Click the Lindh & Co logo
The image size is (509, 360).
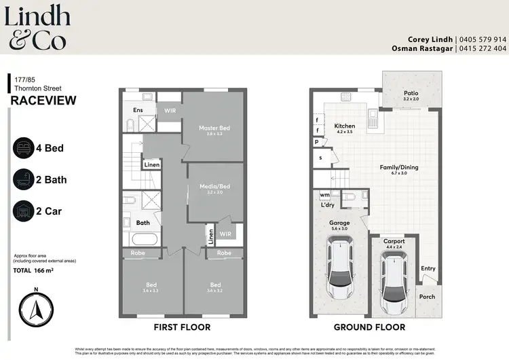(x=35, y=27)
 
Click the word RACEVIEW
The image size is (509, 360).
(x=43, y=101)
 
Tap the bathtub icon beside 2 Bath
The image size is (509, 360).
(x=23, y=180)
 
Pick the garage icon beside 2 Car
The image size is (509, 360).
(x=23, y=211)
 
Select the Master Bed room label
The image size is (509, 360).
(x=214, y=128)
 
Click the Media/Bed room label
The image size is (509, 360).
(x=214, y=187)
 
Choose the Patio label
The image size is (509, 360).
(x=411, y=94)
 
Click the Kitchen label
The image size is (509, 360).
(x=345, y=126)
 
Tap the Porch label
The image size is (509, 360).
(x=427, y=297)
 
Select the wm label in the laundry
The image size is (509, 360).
(x=324, y=194)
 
